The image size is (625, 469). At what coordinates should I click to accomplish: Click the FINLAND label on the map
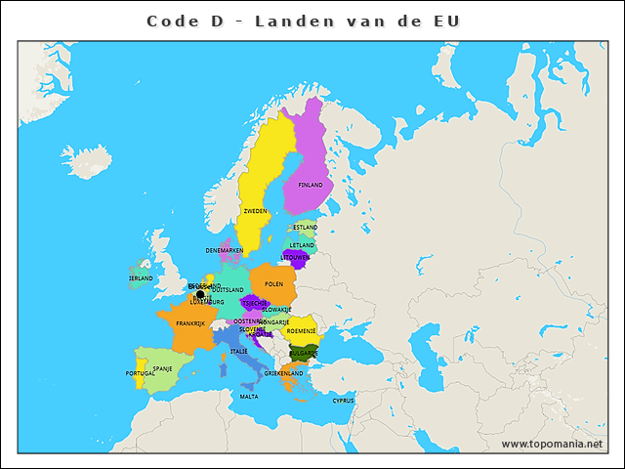[x=311, y=185]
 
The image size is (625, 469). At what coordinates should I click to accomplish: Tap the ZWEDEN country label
[x=255, y=211]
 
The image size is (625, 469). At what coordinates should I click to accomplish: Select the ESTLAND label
[x=306, y=228]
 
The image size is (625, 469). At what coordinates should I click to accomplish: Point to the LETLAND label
[x=303, y=245]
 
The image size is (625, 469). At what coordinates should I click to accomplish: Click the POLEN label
[x=273, y=284]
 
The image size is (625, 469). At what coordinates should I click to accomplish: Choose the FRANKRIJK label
[x=190, y=323]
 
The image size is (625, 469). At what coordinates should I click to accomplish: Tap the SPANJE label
[x=163, y=368]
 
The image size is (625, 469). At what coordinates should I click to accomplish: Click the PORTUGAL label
[x=140, y=373]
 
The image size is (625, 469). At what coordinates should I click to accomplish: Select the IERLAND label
[x=141, y=278]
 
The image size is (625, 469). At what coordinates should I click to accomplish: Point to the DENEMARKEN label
[x=225, y=251]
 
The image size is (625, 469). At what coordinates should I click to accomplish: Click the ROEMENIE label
[x=302, y=331]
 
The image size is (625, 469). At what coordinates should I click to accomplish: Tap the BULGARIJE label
[x=304, y=353]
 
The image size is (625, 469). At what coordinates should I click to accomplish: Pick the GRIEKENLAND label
[x=283, y=373]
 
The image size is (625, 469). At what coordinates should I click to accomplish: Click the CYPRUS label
[x=343, y=400]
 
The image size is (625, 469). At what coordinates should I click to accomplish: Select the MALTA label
[x=249, y=397]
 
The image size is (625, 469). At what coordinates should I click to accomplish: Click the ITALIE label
[x=238, y=351]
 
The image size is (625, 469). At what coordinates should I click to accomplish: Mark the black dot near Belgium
[x=200, y=294]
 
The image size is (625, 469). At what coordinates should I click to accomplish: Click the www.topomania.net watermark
[x=551, y=444]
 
